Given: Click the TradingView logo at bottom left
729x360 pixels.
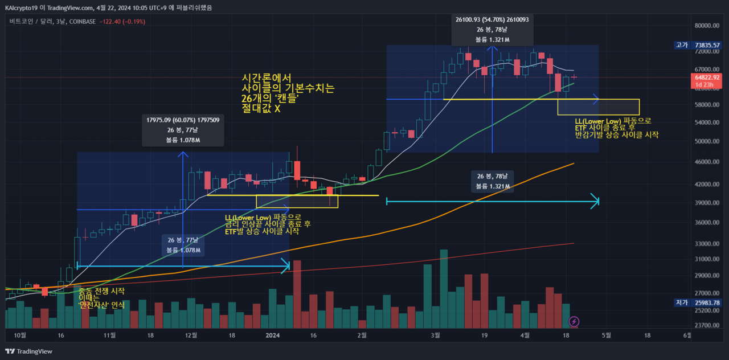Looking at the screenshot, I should click(x=28, y=351).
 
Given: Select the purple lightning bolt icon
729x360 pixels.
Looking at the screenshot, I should click(x=575, y=322).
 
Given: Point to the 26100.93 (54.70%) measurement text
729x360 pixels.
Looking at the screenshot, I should click(x=492, y=19).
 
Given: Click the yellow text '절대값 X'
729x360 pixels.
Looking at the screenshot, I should click(x=261, y=108).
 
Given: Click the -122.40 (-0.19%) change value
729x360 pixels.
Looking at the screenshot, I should click(x=122, y=22).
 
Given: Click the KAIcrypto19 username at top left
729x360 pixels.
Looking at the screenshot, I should click(x=21, y=7).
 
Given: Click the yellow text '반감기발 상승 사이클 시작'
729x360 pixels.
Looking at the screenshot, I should click(x=616, y=136).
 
